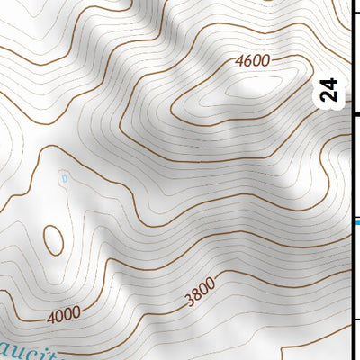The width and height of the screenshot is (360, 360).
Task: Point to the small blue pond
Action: pos(64,178)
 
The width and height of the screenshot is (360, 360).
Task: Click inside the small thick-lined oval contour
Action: pos(52,239)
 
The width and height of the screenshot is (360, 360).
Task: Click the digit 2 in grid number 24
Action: pos(330,97)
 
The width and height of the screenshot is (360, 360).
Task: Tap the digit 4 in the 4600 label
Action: pos(238,62)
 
